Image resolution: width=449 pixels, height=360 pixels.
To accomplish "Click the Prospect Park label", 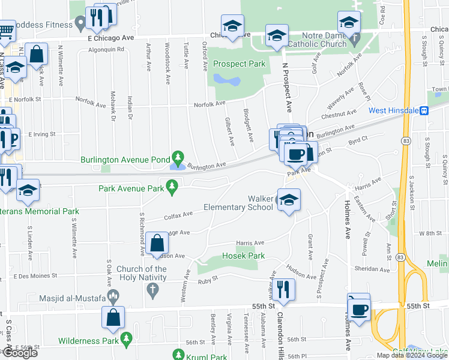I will pos(240,64).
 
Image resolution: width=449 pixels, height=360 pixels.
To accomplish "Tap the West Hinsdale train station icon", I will pos(424,110).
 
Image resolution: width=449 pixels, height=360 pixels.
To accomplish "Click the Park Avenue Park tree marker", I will pos(172,188).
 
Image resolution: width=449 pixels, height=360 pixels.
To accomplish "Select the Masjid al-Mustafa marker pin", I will pos(115,296).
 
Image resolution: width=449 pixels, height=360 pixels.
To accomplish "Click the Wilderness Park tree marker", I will pos(126,340).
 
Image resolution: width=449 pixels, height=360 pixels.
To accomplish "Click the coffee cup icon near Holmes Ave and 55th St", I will pos(360,309).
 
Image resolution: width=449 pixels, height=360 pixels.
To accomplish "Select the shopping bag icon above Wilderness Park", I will pos(113,319).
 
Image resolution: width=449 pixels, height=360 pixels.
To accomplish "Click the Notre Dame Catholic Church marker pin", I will pos(354,40).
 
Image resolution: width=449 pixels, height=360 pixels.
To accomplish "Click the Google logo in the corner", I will pos(19,353).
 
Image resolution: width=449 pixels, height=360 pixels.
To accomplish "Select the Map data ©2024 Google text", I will pos(411,355).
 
